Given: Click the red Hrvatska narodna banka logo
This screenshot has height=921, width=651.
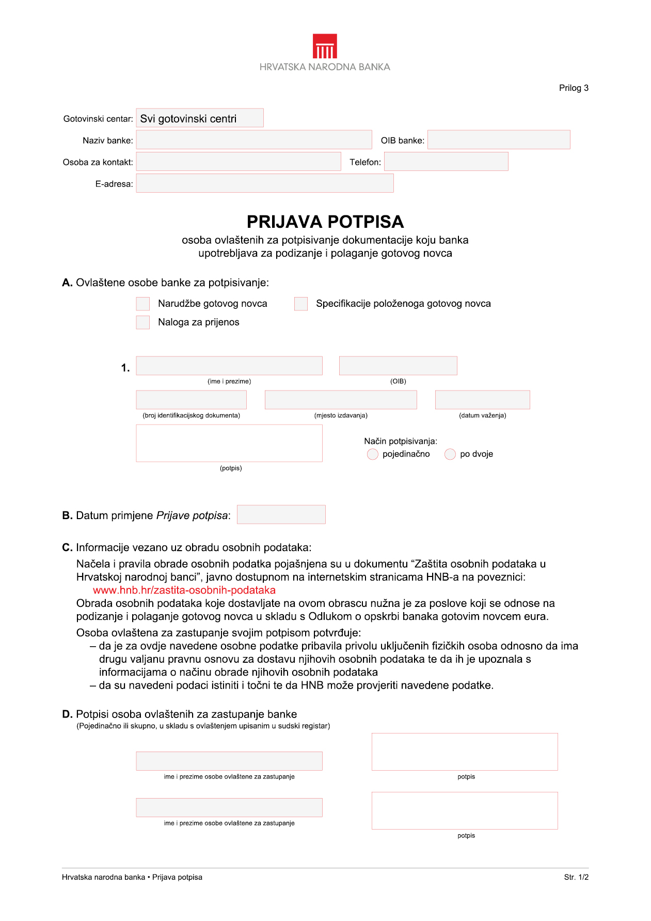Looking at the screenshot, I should tap(325, 46).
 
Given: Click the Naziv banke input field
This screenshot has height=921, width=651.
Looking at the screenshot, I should tap(253, 140).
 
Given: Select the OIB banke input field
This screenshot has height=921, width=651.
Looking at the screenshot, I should tap(498, 140).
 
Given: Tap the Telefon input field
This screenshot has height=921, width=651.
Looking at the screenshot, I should tap(446, 162).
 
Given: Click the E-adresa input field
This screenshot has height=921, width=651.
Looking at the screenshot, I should tap(264, 183).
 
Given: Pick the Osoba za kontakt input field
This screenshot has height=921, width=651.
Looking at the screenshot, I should tap(238, 162).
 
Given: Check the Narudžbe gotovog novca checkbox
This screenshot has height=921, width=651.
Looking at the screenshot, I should tap(143, 304).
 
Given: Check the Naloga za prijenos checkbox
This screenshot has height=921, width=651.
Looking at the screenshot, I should tap(143, 322).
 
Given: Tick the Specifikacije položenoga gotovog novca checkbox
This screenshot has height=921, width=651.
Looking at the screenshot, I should tap(301, 304).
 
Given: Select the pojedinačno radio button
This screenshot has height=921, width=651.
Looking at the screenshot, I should tap(372, 454).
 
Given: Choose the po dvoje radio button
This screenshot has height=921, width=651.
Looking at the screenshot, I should tap(450, 454).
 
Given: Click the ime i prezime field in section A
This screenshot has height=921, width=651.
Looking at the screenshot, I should tap(229, 366).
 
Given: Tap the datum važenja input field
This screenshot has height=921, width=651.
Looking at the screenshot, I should tap(482, 400).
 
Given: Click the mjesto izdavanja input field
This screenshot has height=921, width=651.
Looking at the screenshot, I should tap(340, 400).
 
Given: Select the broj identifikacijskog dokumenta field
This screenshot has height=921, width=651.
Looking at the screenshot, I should tap(191, 400).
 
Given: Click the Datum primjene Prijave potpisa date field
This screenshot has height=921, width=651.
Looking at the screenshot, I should tap(281, 514).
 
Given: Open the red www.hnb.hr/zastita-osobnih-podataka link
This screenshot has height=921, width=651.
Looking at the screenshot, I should tap(184, 590).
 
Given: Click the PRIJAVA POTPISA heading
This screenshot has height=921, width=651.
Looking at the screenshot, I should tap(325, 222).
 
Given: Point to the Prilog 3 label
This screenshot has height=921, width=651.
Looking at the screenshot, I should tap(574, 88).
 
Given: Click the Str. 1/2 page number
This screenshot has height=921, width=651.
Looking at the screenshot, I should tap(576, 877).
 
